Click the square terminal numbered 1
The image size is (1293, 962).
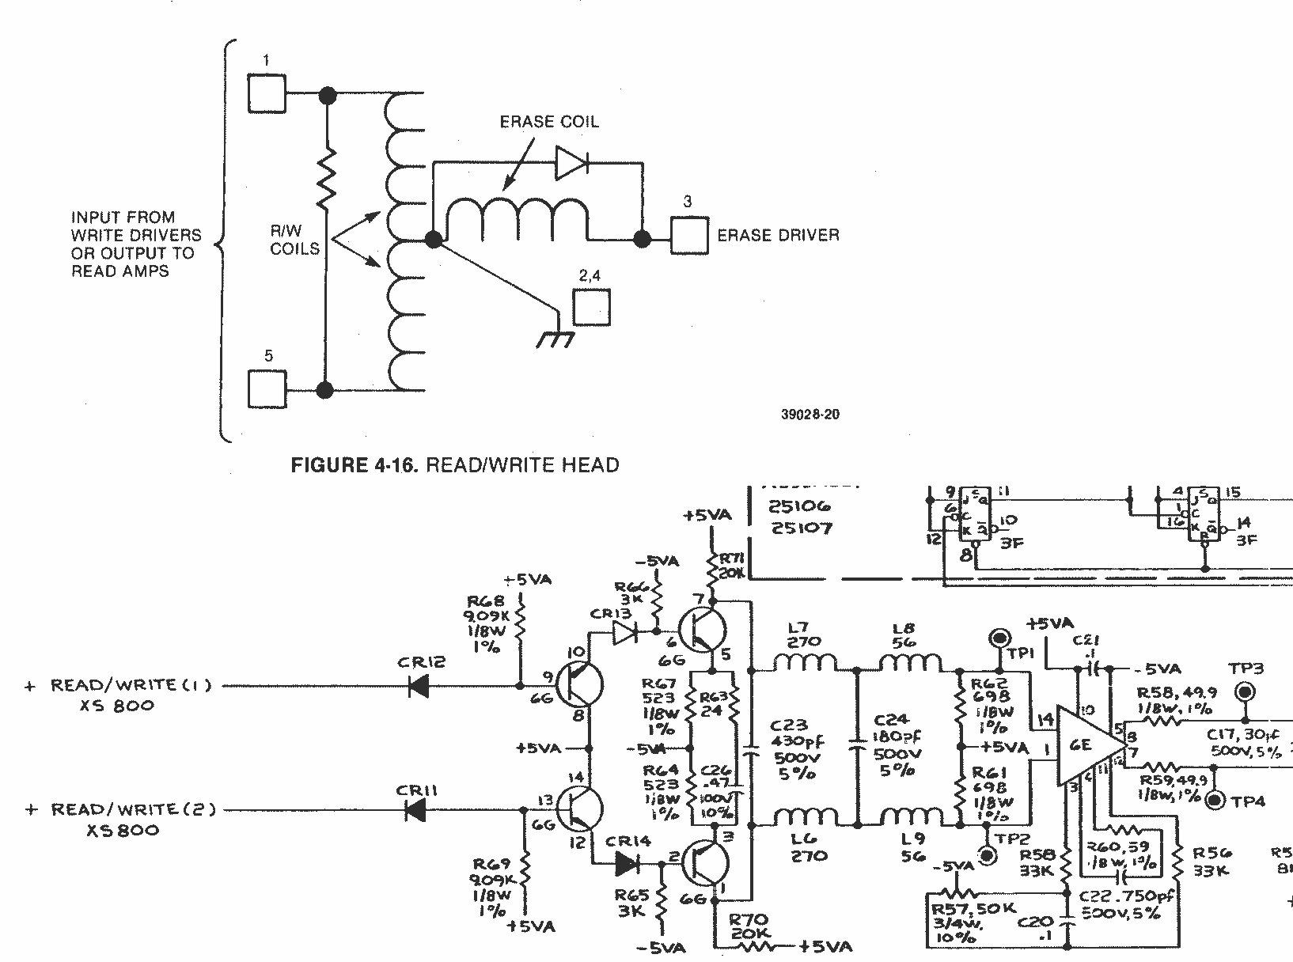(267, 93)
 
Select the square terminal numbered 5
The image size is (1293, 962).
(267, 389)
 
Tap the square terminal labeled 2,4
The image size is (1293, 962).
(592, 307)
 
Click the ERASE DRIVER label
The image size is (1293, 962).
(778, 235)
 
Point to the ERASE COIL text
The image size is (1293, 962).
(549, 122)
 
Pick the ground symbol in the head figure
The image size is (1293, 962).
(555, 339)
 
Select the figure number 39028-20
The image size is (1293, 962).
(810, 414)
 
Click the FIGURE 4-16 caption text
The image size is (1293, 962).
(455, 464)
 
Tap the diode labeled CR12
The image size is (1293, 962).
(419, 686)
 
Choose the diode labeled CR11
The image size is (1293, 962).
(414, 809)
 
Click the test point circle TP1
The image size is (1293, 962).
(999, 638)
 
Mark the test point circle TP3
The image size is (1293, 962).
(1246, 691)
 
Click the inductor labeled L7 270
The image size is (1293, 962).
(804, 663)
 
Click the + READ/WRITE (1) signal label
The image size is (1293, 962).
(119, 686)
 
